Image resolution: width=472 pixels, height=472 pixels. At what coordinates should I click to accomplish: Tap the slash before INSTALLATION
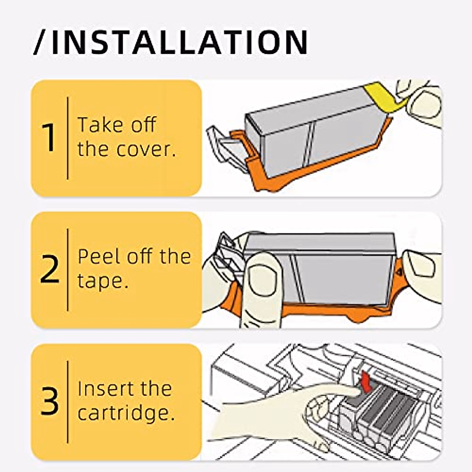coord(39,42)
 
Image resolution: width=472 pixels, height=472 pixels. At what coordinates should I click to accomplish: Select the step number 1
coord(50,138)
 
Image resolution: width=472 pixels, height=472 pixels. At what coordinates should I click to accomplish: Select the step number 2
coord(49,269)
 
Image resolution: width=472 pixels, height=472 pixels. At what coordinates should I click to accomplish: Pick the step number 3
coord(50,401)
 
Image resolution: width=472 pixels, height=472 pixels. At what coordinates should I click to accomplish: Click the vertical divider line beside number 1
coord(68,138)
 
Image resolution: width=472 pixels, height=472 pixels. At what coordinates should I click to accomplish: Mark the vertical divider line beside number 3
coord(68,402)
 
